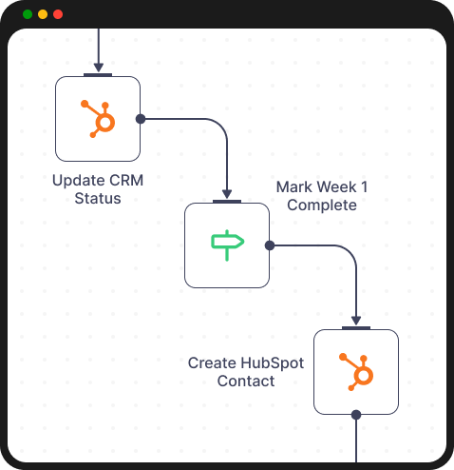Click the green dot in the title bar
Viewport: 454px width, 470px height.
pos(28,14)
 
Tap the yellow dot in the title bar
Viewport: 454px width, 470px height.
pos(43,14)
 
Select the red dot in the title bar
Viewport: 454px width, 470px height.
pos(58,14)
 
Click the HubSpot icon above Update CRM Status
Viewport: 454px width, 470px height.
pos(98,119)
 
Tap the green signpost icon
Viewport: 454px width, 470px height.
pos(227,245)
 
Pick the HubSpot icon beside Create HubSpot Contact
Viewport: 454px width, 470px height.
pos(356,371)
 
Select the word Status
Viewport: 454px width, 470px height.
pos(98,198)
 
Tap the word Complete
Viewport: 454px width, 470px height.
pos(322,205)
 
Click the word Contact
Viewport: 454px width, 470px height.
pos(246,381)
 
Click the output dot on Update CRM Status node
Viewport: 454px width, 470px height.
pos(141,119)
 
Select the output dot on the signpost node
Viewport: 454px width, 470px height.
pos(270,245)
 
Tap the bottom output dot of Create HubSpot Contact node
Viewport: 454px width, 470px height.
pos(356,415)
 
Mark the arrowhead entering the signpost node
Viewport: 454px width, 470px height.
pos(227,195)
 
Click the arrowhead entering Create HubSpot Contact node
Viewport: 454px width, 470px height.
pos(356,322)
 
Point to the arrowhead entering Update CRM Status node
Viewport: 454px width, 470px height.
pos(98,68)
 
